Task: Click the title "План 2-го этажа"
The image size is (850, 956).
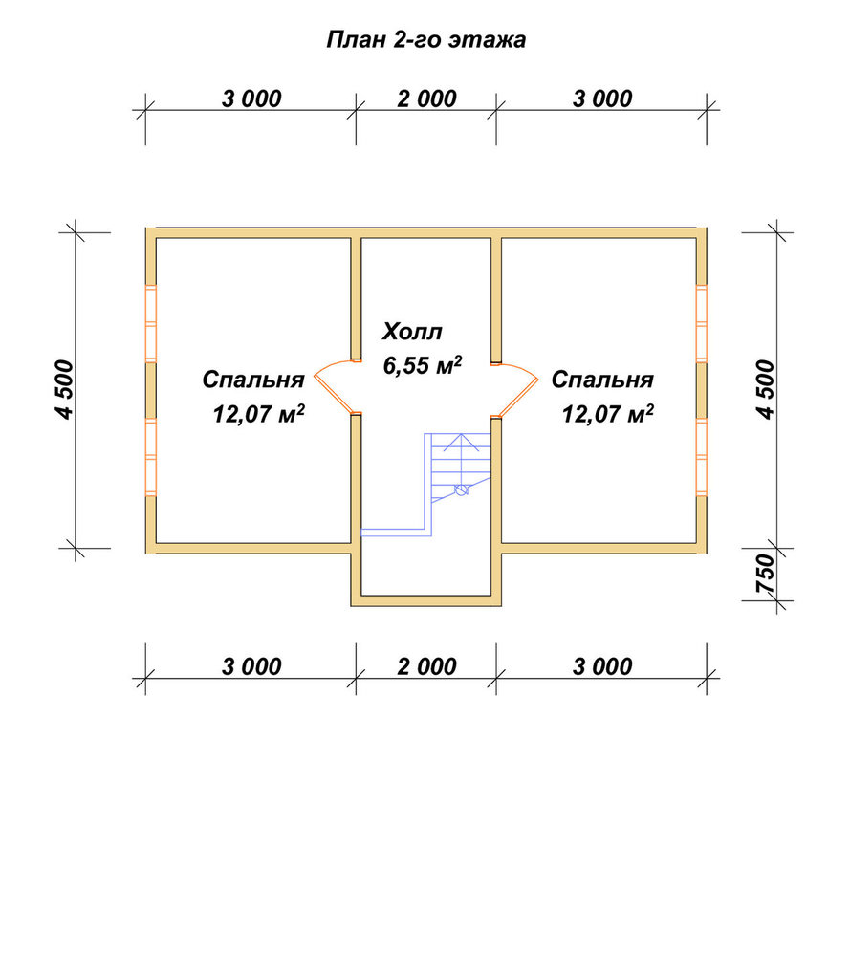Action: pyautogui.click(x=425, y=39)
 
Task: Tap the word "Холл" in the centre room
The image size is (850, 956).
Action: pyautogui.click(x=412, y=332)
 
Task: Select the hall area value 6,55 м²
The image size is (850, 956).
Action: pyautogui.click(x=422, y=364)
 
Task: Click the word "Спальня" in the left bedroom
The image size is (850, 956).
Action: pyautogui.click(x=253, y=380)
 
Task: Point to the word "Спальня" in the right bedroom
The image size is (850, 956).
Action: pyautogui.click(x=602, y=380)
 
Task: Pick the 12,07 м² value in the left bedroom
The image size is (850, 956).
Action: pyautogui.click(x=258, y=414)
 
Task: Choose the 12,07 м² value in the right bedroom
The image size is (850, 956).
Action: pyautogui.click(x=608, y=414)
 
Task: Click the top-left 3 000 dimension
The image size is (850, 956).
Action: pyautogui.click(x=251, y=98)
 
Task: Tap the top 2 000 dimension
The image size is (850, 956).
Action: pyautogui.click(x=426, y=98)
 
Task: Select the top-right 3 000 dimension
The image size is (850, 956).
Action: pyautogui.click(x=602, y=98)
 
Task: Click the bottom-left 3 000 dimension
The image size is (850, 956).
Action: pyautogui.click(x=251, y=666)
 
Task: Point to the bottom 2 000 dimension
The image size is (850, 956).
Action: pyautogui.click(x=426, y=666)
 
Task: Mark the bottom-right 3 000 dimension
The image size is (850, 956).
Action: pyautogui.click(x=602, y=666)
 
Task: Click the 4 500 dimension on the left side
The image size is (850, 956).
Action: pyautogui.click(x=65, y=390)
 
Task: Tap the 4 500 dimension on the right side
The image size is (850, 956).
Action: pyautogui.click(x=765, y=390)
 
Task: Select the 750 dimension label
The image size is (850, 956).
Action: pyautogui.click(x=765, y=574)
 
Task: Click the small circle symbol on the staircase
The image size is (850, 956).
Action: pyautogui.click(x=462, y=489)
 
